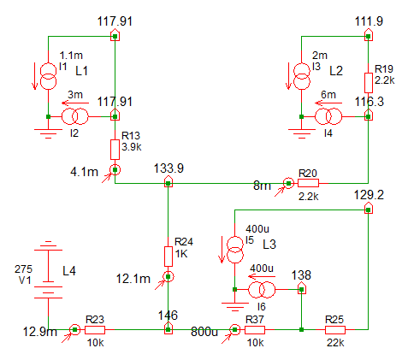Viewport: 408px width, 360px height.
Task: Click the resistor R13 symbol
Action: point(115,150)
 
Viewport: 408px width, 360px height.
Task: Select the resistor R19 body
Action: point(369,83)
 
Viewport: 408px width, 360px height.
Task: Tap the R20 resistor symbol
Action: point(308,183)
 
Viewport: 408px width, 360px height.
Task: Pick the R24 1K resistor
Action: point(169,257)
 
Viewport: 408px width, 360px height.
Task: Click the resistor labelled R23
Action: point(95,330)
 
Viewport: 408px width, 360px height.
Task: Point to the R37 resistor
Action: point(255,330)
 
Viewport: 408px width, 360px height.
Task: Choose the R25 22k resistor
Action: point(334,330)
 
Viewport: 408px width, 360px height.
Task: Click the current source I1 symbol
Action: point(48,76)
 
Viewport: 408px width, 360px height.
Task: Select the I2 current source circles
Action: point(75,116)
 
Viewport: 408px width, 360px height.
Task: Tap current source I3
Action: point(302,76)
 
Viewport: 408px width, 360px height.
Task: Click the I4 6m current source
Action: point(328,116)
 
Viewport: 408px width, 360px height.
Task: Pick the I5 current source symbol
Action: point(235,250)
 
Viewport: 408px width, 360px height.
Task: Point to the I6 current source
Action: point(262,290)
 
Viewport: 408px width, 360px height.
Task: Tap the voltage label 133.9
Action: point(169,168)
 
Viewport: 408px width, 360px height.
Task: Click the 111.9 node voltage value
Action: point(369,21)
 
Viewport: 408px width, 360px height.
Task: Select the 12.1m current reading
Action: point(133,279)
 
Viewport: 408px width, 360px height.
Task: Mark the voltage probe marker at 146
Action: point(169,328)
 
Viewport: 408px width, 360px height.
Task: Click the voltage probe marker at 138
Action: point(302,288)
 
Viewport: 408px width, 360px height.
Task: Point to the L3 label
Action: point(269,245)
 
